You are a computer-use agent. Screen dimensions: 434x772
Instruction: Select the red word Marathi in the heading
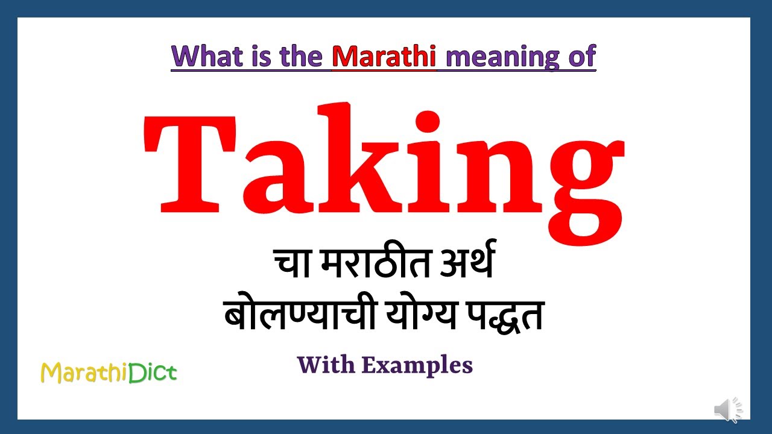(384, 56)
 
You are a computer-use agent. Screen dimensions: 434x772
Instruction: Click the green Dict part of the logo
(153, 373)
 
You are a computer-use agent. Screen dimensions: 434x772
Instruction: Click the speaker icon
(729, 410)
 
